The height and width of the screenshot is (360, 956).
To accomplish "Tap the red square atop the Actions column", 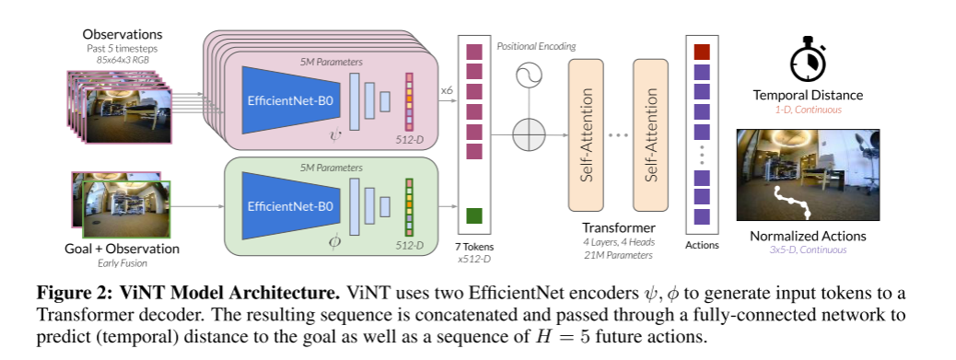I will [701, 52].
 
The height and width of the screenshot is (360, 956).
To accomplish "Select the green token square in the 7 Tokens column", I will [474, 216].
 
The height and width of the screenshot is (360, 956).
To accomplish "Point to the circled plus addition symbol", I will [530, 136].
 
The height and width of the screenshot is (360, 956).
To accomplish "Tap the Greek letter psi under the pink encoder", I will [333, 134].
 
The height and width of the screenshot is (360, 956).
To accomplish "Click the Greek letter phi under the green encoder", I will [333, 242].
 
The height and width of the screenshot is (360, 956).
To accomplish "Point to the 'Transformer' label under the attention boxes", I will [616, 227].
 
